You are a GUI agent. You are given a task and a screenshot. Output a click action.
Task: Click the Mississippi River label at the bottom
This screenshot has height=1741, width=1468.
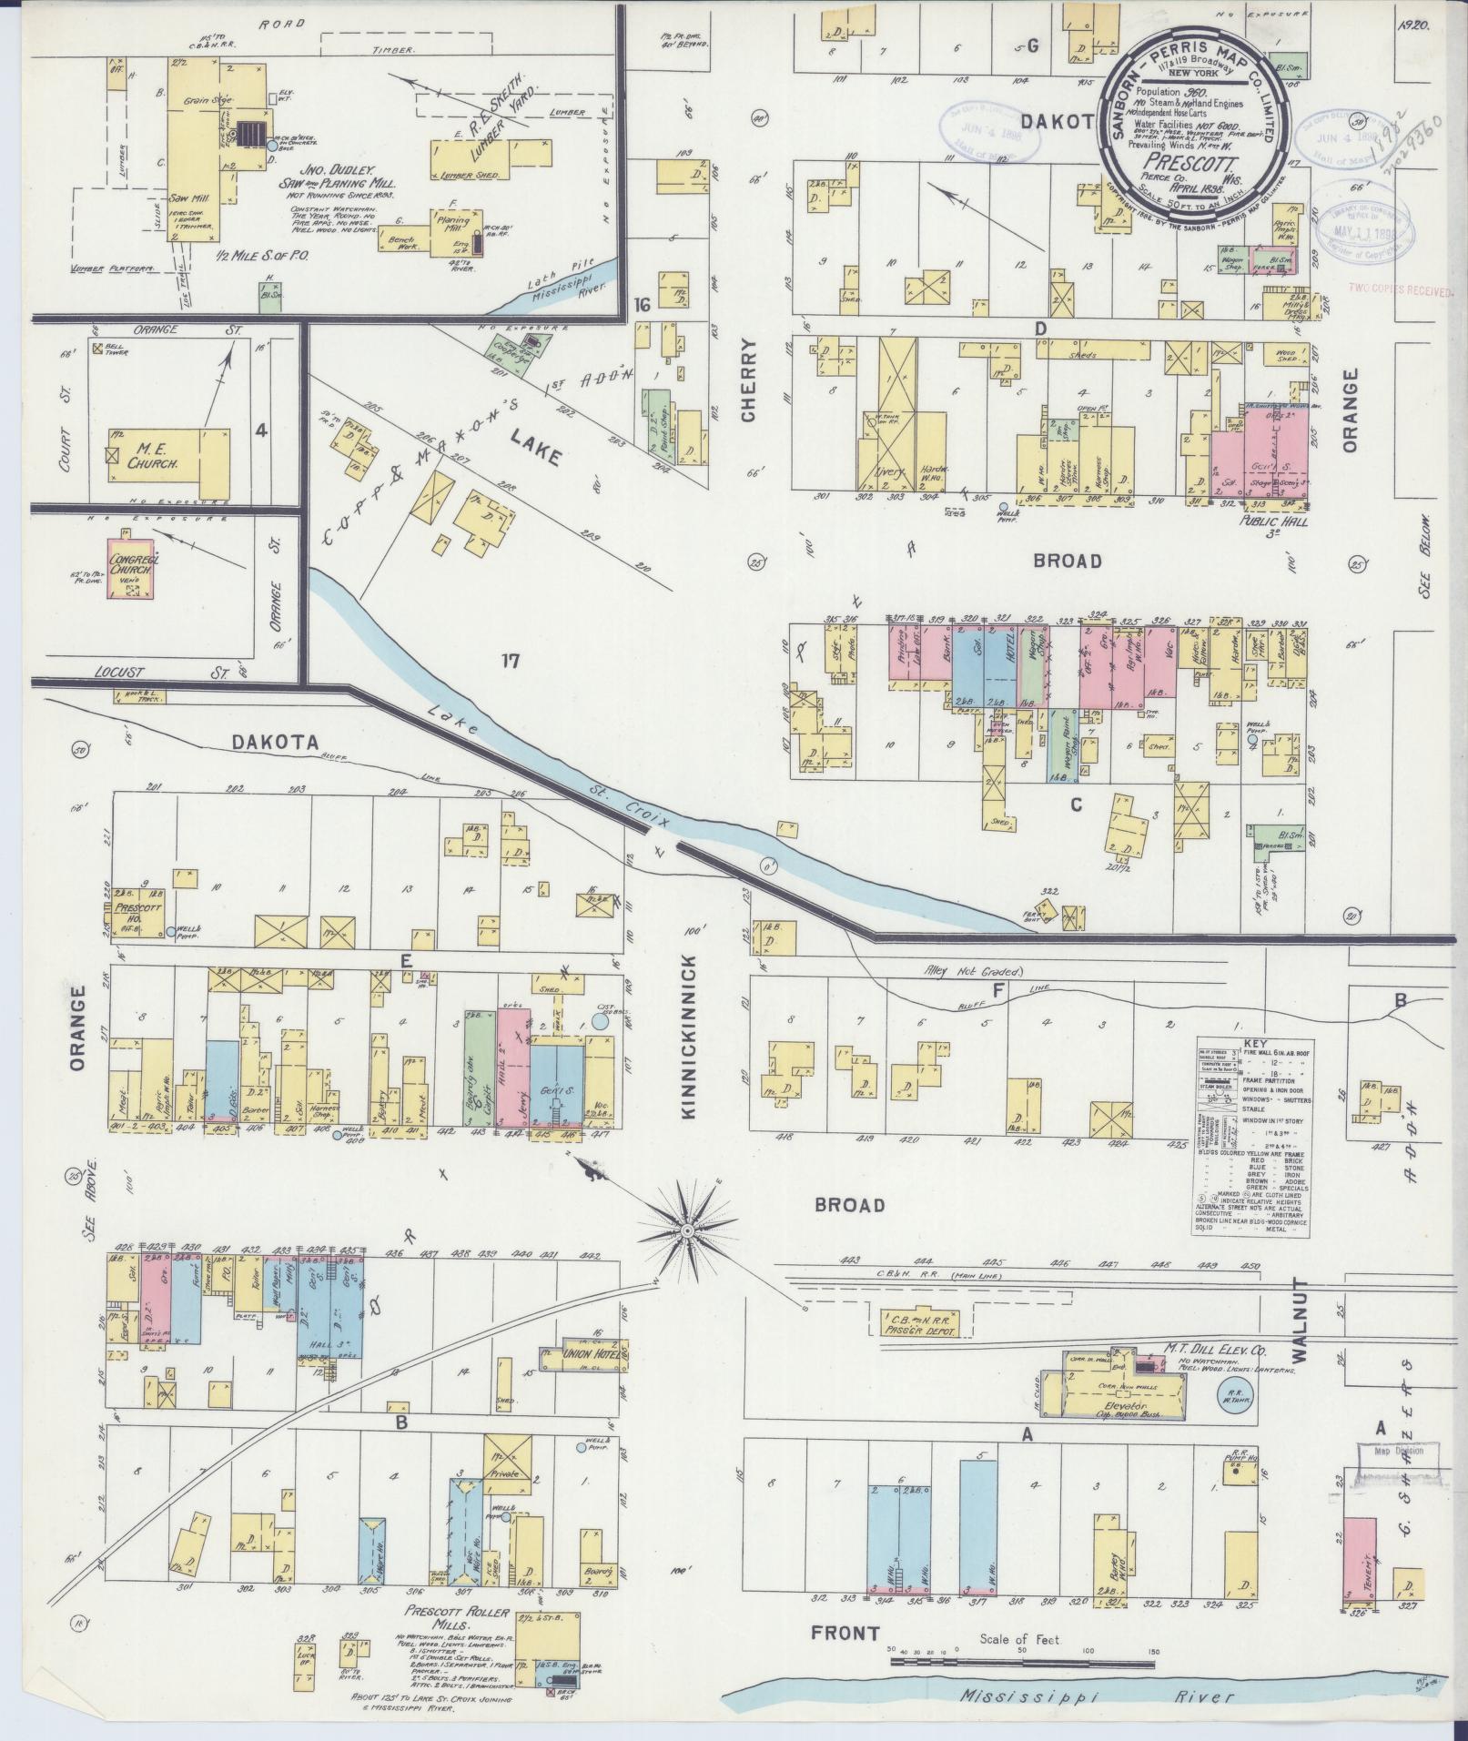tap(1097, 1696)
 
